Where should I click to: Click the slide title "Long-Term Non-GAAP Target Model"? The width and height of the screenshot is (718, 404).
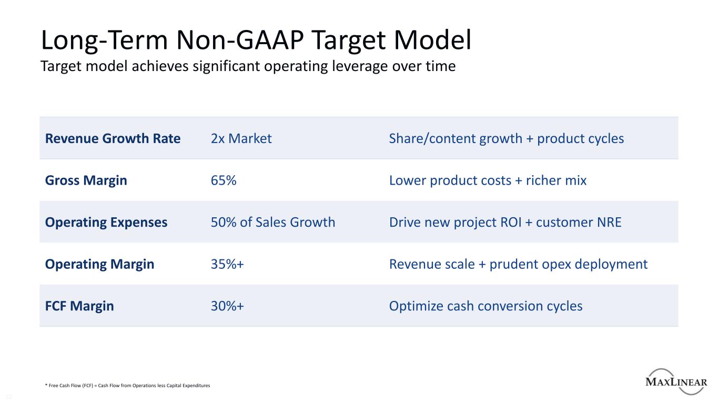pos(256,41)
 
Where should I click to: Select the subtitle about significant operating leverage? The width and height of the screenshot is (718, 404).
pos(248,67)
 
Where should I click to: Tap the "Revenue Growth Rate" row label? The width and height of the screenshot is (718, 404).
pos(113,138)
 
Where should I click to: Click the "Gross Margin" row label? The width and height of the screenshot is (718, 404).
pos(86,180)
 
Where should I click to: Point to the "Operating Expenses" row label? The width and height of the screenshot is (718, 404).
pos(106,222)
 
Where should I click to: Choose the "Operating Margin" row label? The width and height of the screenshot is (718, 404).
pos(99,264)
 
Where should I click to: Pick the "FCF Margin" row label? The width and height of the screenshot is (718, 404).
pos(79,306)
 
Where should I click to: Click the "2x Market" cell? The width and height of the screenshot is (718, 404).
pos(241,138)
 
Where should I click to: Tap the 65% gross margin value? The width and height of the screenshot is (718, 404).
pos(224,180)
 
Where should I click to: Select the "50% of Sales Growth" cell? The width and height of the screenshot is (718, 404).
pos(272,222)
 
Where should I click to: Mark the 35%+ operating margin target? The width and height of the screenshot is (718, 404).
pos(227,264)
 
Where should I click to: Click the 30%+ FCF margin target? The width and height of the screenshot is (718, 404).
pos(227,306)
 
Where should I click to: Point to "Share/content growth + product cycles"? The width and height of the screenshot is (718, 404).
pos(506,138)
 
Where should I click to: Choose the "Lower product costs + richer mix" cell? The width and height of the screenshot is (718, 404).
pos(488,180)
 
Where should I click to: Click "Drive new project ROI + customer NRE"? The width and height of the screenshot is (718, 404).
pos(505,222)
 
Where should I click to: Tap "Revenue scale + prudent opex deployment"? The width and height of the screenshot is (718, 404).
pos(518,264)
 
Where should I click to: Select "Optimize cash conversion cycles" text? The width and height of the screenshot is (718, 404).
pos(486,306)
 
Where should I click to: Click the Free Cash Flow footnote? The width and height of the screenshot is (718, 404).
pos(127,386)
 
